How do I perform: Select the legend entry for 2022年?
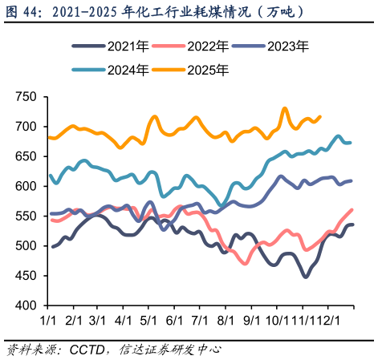coord(201,47)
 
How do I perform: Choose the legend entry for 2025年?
coord(201,70)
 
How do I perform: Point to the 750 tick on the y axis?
coord(26,97)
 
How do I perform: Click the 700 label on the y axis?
coord(26,127)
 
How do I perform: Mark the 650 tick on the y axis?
coord(26,156)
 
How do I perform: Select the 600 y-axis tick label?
coord(26,186)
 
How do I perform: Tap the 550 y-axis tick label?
coord(26,216)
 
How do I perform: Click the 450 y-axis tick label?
coord(26,276)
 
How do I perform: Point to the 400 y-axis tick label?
coord(26,305)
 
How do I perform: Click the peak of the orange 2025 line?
coord(285,107)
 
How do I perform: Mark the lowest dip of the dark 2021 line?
coord(306,277)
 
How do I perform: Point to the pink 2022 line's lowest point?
coord(244,263)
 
